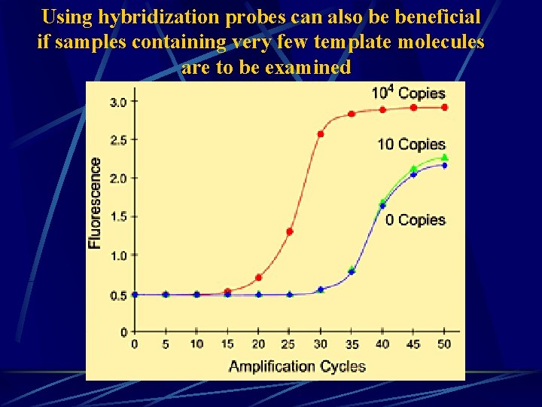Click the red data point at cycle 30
(321, 134)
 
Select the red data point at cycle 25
(290, 231)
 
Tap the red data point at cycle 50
(445, 108)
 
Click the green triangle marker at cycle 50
(445, 157)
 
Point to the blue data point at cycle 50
(445, 166)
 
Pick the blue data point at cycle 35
(352, 271)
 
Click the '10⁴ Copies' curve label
(409, 93)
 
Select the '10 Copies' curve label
(412, 144)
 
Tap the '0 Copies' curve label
(416, 220)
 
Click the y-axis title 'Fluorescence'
(96, 203)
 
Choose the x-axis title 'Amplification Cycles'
(297, 367)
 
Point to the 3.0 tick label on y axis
(118, 102)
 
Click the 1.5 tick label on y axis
(118, 217)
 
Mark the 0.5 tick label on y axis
(118, 295)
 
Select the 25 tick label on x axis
(290, 344)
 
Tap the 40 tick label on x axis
(382, 344)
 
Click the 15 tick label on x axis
(227, 344)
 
